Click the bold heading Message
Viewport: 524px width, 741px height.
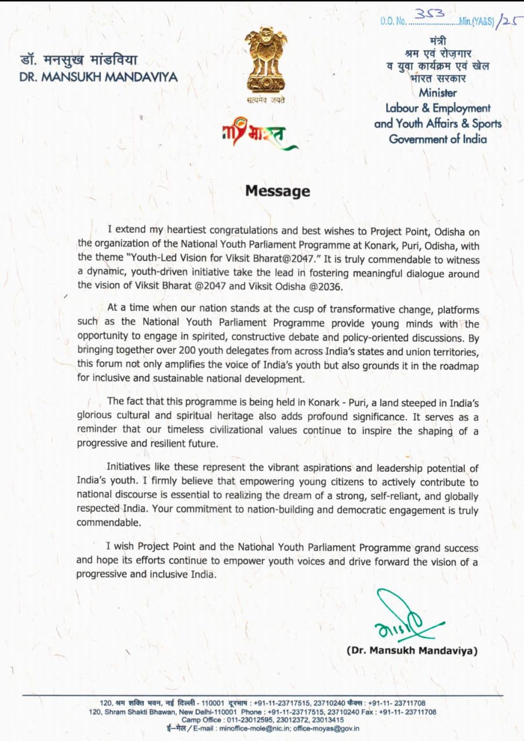(278, 191)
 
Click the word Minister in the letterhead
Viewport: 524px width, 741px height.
(438, 93)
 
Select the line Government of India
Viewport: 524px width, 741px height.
(438, 139)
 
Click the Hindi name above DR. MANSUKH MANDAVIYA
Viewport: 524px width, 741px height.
(79, 61)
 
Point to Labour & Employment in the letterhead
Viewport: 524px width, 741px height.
(438, 108)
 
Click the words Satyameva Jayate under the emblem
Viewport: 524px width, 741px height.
(265, 100)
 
